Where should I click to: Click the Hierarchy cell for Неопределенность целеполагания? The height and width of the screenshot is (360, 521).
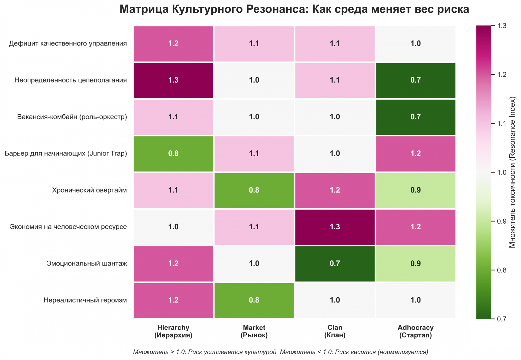tap(173, 80)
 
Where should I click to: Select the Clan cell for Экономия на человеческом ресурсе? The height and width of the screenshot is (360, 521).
tap(335, 227)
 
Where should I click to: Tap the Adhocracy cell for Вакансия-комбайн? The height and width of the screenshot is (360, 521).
tap(415, 117)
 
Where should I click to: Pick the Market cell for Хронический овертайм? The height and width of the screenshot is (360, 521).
tap(254, 190)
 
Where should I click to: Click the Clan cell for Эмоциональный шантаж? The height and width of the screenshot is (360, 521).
tap(335, 263)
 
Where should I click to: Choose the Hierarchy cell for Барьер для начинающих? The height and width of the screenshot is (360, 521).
tap(173, 153)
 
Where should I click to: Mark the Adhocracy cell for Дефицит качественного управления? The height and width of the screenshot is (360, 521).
tap(415, 43)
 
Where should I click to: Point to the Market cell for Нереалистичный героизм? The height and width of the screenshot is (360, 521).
tap(254, 300)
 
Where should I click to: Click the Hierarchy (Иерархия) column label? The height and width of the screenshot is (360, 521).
tap(173, 331)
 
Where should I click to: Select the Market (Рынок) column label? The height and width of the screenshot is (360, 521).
tap(254, 331)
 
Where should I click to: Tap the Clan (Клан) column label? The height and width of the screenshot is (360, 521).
tap(335, 331)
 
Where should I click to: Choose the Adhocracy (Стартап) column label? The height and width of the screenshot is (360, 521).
tap(415, 331)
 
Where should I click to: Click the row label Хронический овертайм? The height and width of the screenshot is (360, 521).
tap(90, 190)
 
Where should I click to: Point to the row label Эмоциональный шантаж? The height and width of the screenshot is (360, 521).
tap(86, 263)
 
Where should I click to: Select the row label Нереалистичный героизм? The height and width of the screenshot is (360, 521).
tap(85, 300)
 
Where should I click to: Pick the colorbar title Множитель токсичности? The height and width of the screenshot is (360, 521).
tap(512, 172)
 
